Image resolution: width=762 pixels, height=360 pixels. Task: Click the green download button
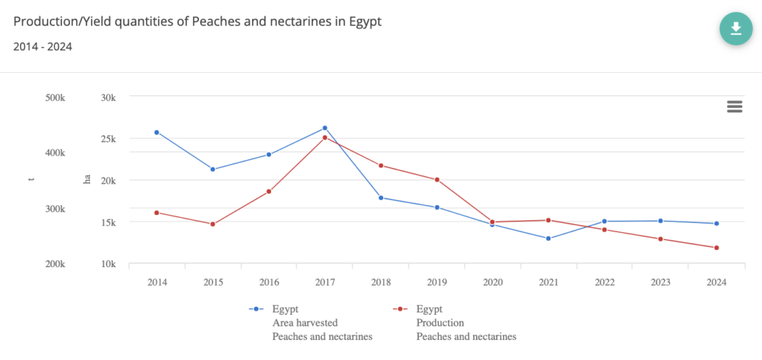pyautogui.click(x=735, y=28)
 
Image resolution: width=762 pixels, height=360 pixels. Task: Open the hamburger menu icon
pyautogui.click(x=734, y=106)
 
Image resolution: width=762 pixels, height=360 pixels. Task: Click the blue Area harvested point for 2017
pyautogui.click(x=324, y=128)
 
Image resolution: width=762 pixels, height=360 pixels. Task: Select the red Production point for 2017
pyautogui.click(x=324, y=138)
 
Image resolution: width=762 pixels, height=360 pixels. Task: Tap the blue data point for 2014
pyautogui.click(x=156, y=132)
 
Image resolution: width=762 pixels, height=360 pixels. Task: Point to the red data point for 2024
pyautogui.click(x=716, y=248)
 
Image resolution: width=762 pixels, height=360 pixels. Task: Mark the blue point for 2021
pyautogui.click(x=548, y=239)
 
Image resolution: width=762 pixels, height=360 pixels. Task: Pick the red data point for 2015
pyautogui.click(x=213, y=224)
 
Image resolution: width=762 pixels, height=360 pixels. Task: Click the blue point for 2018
pyautogui.click(x=380, y=198)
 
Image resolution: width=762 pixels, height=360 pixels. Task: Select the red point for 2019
pyautogui.click(x=437, y=179)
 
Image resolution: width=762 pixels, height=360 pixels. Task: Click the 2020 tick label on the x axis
pyautogui.click(x=493, y=283)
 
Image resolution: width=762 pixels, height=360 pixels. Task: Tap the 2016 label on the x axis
pyautogui.click(x=269, y=283)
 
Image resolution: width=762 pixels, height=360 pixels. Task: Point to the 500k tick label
pyautogui.click(x=55, y=97)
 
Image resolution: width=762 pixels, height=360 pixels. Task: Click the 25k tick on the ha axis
pyautogui.click(x=109, y=139)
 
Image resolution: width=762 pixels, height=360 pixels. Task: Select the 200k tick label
pyautogui.click(x=55, y=264)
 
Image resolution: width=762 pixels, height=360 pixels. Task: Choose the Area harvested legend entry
pyautogui.click(x=305, y=323)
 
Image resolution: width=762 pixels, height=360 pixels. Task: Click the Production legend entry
pyautogui.click(x=440, y=323)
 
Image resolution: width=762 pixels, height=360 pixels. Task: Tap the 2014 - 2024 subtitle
pyautogui.click(x=42, y=46)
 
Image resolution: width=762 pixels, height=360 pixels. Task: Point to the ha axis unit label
pyautogui.click(x=86, y=179)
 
